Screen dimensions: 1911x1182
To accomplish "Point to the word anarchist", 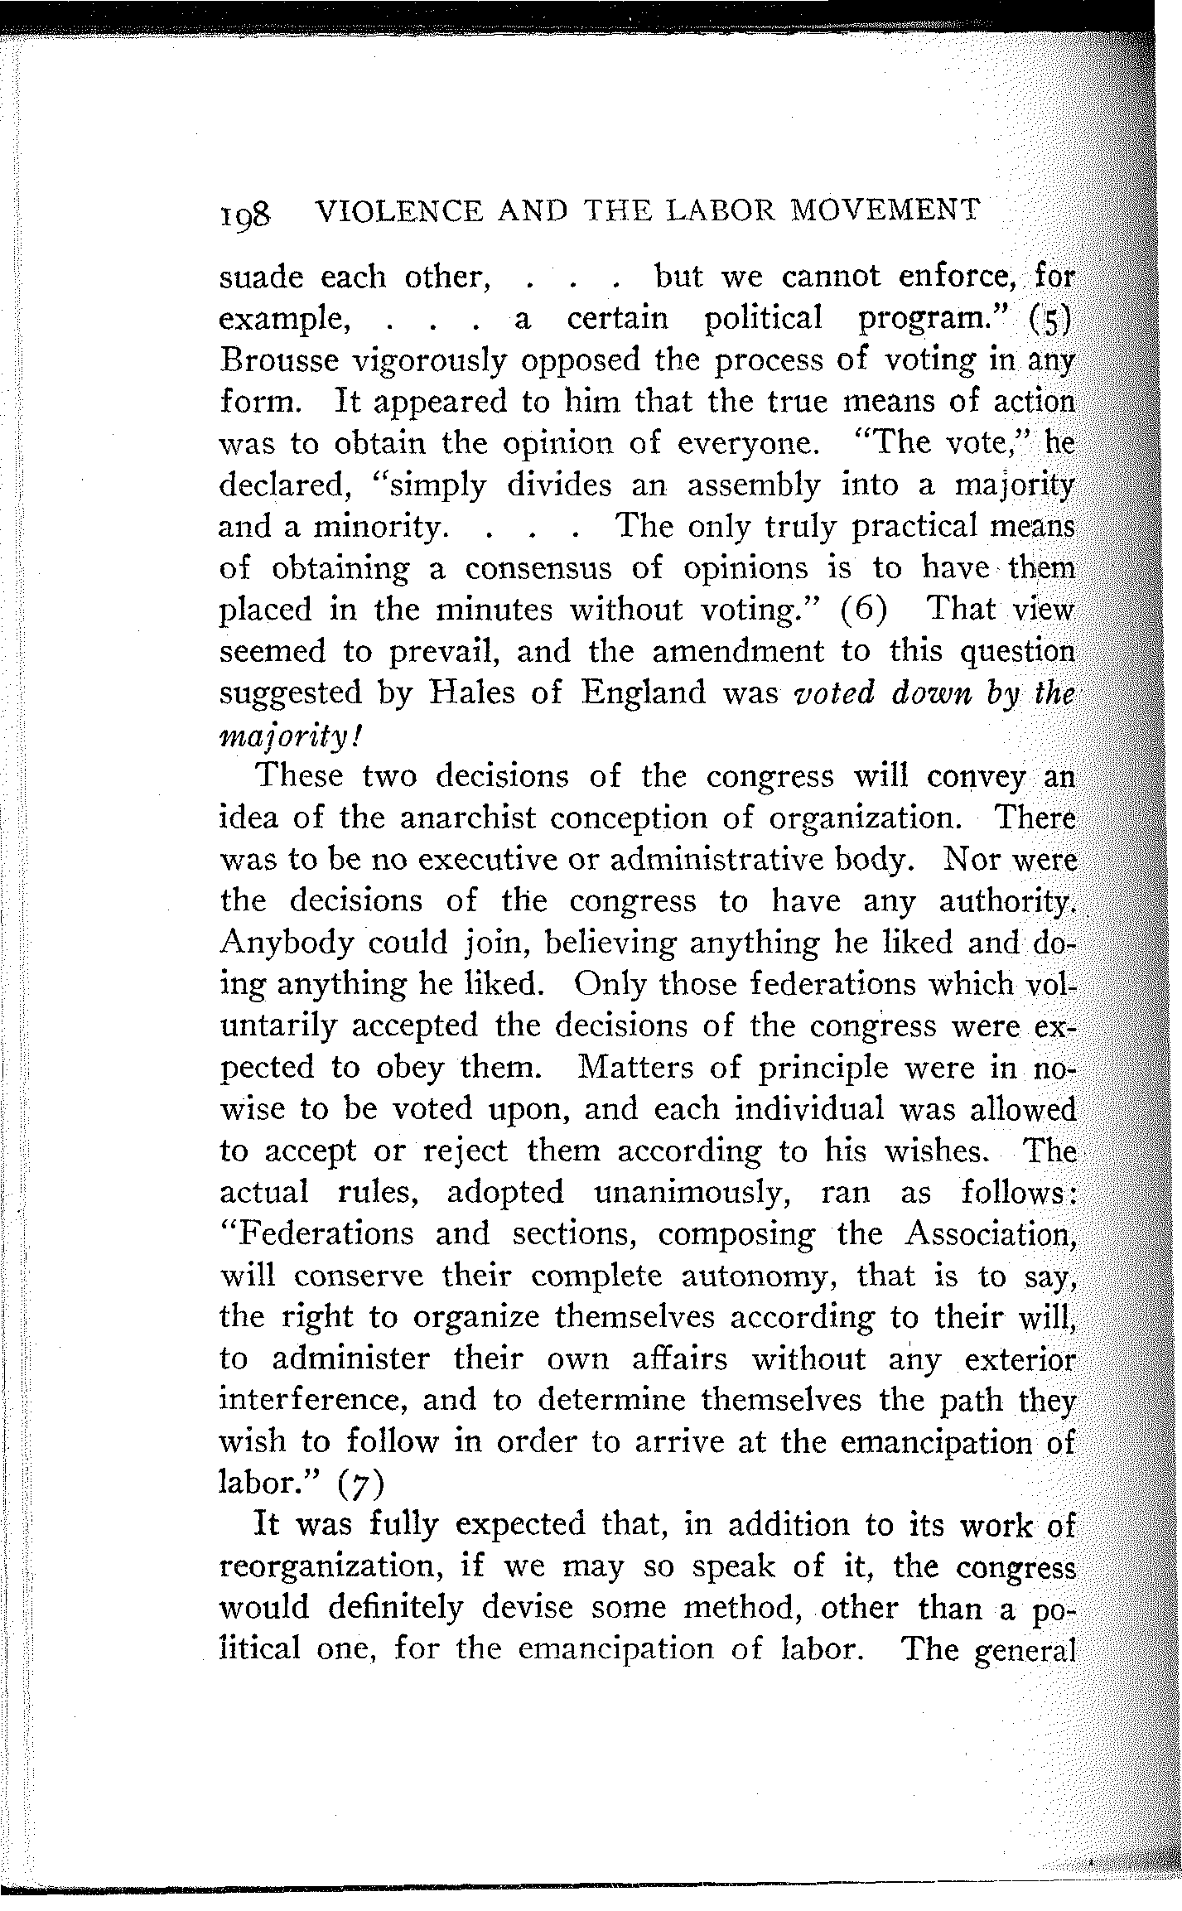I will (x=469, y=818).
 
